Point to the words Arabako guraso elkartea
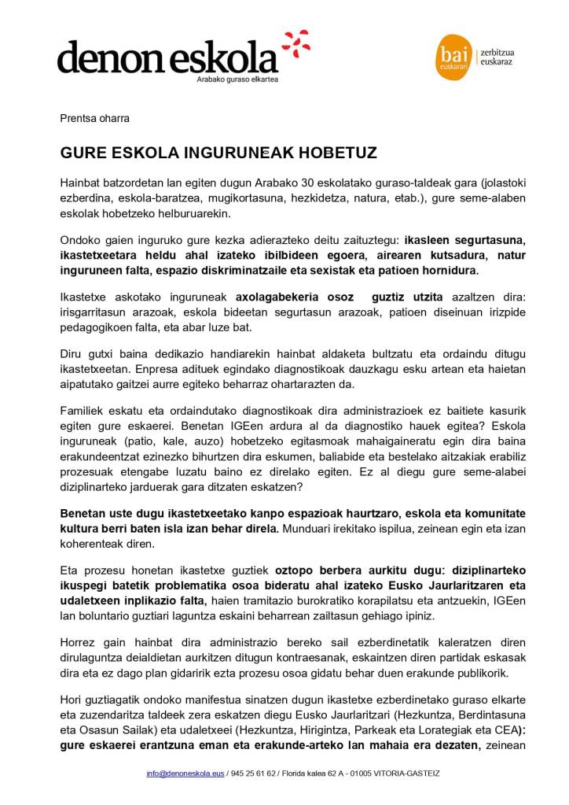click(x=237, y=79)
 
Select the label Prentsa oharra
click(x=95, y=119)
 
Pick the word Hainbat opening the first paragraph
click(x=81, y=183)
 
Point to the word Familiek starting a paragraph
click(x=83, y=411)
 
